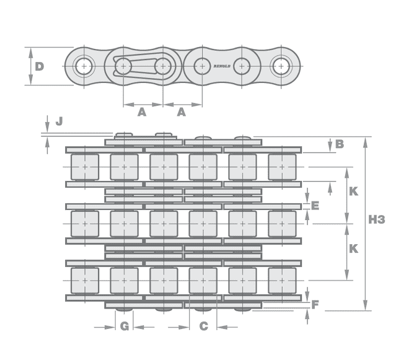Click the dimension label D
(x=39, y=66)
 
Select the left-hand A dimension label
(x=141, y=112)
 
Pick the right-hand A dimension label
(x=182, y=112)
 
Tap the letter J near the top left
(x=59, y=121)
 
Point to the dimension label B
(x=340, y=144)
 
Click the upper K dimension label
(x=353, y=191)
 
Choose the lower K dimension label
(x=353, y=248)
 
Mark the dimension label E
(x=315, y=205)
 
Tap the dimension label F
(x=315, y=305)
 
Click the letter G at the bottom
(x=124, y=327)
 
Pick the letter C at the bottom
(x=203, y=327)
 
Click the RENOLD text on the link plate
(x=222, y=66)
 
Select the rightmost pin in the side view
(x=281, y=65)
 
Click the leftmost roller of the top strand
(x=84, y=167)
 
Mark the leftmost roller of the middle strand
(x=84, y=224)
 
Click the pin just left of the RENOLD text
(x=201, y=65)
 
